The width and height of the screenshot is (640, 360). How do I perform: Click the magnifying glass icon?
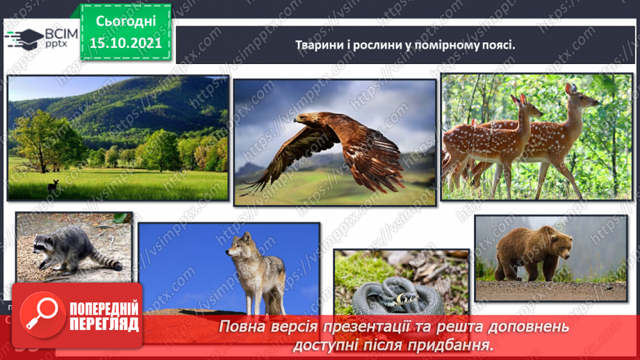click(x=40, y=315)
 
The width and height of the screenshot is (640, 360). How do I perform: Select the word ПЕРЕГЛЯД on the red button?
click(x=104, y=324)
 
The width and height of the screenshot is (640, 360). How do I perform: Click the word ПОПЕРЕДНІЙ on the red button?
click(x=104, y=309)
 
